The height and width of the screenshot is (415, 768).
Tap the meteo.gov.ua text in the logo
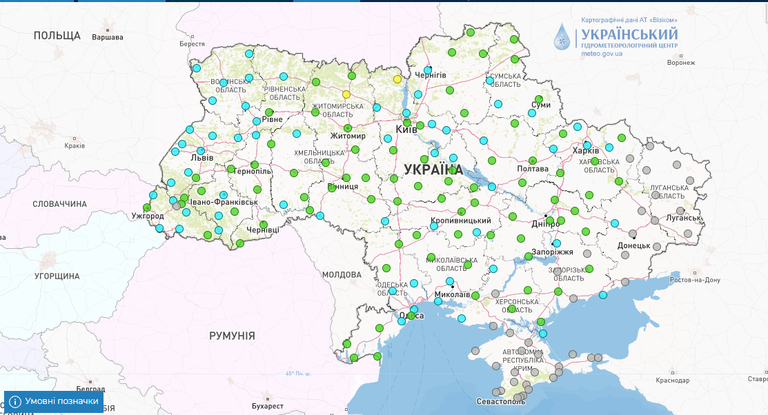click(x=602, y=54)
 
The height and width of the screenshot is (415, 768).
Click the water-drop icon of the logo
click(x=564, y=37)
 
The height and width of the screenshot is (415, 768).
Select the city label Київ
click(x=406, y=130)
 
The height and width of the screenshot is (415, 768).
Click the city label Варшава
click(x=107, y=37)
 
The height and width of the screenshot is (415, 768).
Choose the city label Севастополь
click(x=501, y=401)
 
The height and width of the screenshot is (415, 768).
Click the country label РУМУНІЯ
click(x=232, y=336)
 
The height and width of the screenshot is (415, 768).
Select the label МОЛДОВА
click(x=342, y=274)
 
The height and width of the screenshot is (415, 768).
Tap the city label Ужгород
click(x=148, y=216)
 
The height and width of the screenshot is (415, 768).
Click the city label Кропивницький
click(x=460, y=221)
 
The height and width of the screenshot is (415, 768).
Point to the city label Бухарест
click(x=268, y=406)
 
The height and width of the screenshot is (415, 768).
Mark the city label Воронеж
click(x=681, y=63)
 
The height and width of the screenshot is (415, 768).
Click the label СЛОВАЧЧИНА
click(x=60, y=204)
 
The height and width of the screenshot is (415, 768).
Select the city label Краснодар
click(x=672, y=381)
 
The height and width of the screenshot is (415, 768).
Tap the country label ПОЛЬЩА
click(x=57, y=36)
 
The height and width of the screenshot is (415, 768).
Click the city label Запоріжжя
click(x=553, y=252)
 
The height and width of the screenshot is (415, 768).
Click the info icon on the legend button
click(x=15, y=401)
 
